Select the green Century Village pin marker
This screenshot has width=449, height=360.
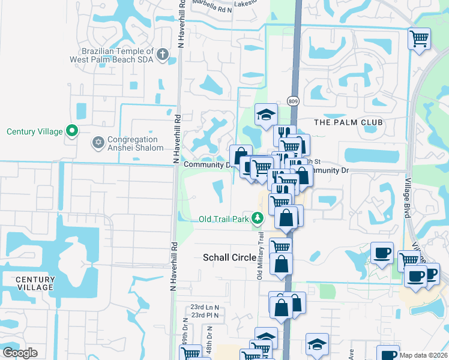[x=73, y=130]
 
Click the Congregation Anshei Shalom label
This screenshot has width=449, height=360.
[x=135, y=143]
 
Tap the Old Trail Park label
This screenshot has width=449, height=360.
[x=223, y=219]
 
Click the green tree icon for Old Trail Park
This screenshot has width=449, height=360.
[x=258, y=218]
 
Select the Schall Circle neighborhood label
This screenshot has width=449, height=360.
[x=226, y=257]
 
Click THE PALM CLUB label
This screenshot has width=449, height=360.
[x=348, y=122]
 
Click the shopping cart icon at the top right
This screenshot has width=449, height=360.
[x=419, y=39]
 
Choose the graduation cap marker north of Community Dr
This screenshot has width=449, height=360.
[x=266, y=114]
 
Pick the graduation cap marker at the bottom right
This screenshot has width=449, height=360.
[x=317, y=344]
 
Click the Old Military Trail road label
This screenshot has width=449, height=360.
[x=261, y=255]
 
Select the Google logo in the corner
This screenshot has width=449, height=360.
[x=20, y=353]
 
